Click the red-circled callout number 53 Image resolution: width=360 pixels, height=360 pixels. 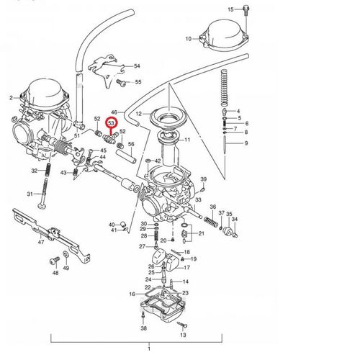click(112, 124)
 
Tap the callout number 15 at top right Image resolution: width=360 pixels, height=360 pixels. click(231, 9)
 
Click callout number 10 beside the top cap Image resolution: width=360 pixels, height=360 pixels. click(188, 38)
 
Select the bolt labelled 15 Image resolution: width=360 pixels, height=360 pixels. click(246, 9)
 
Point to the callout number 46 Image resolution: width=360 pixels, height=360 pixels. click(114, 105)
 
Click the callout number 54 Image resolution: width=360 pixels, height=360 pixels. click(138, 66)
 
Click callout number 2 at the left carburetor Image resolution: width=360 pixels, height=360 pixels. click(11, 97)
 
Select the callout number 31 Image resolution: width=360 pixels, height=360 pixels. click(30, 194)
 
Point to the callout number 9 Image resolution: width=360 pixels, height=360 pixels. click(245, 144)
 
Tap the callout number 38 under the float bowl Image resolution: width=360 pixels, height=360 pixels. click(143, 328)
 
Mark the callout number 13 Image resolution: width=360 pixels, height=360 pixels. click(183, 335)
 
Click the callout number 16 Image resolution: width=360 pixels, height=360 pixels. click(132, 294)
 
